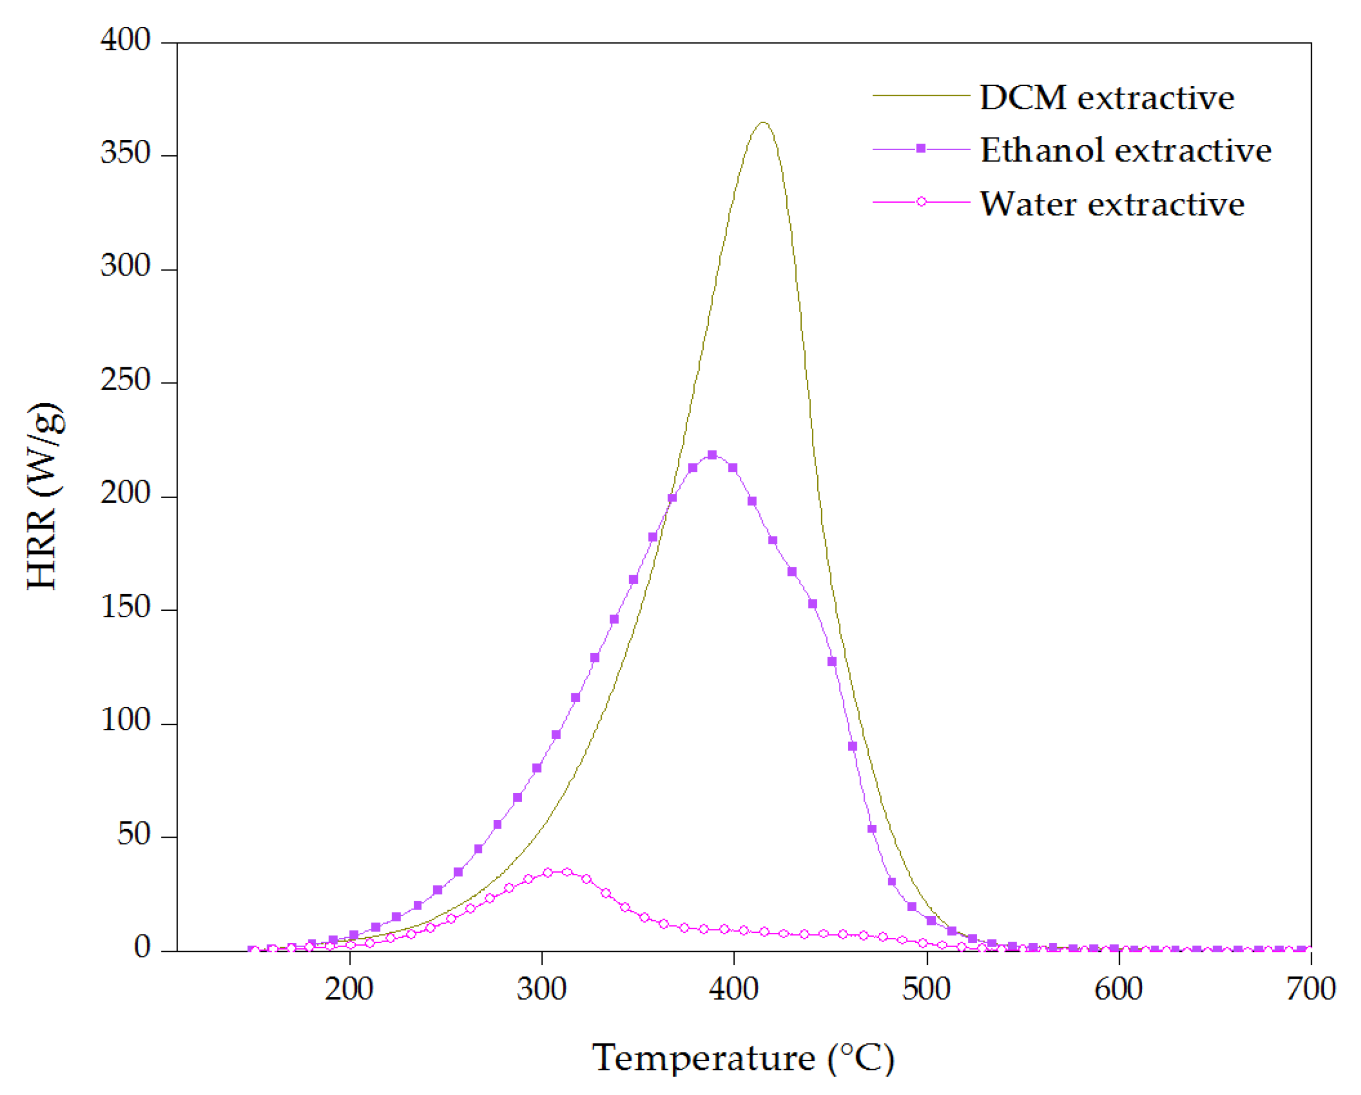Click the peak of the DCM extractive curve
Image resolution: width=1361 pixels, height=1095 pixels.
pyautogui.click(x=763, y=123)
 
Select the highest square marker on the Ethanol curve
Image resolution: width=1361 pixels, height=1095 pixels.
pyautogui.click(x=712, y=455)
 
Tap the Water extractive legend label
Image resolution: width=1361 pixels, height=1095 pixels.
pyautogui.click(x=1112, y=204)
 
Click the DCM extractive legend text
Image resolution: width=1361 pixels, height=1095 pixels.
pyautogui.click(x=1107, y=98)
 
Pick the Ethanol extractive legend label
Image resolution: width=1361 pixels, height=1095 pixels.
pyautogui.click(x=1125, y=150)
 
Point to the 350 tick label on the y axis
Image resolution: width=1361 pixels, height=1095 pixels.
pyautogui.click(x=125, y=153)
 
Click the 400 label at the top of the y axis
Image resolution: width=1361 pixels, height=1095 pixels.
pyautogui.click(x=125, y=40)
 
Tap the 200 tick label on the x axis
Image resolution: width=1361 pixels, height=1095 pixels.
pyautogui.click(x=349, y=989)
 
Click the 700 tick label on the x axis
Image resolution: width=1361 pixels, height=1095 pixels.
pyautogui.click(x=1311, y=989)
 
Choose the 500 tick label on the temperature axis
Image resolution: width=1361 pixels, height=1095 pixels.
pyautogui.click(x=926, y=989)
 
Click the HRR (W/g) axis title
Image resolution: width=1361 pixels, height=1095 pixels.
pyautogui.click(x=44, y=496)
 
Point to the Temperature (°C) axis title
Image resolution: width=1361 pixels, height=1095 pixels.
pyautogui.click(x=743, y=1058)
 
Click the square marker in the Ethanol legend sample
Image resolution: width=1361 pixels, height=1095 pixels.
pyautogui.click(x=921, y=149)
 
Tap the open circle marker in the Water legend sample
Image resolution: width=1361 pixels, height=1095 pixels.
pyautogui.click(x=921, y=202)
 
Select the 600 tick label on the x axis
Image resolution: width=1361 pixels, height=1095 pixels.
pyautogui.click(x=1118, y=989)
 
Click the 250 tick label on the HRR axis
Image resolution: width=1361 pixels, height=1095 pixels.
pyautogui.click(x=125, y=380)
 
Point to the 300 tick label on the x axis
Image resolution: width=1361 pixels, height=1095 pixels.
pyautogui.click(x=542, y=989)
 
